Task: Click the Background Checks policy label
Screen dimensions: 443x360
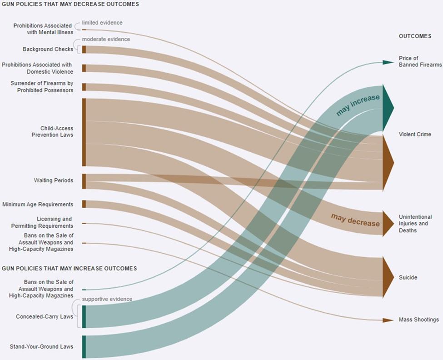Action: click(x=48, y=49)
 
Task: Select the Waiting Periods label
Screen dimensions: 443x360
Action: click(x=54, y=180)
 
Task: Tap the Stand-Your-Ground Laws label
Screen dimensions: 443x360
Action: click(x=41, y=346)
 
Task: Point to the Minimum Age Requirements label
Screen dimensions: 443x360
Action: click(x=38, y=204)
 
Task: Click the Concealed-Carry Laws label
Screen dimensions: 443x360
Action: click(x=45, y=316)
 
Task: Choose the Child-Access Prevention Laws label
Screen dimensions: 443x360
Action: click(x=52, y=131)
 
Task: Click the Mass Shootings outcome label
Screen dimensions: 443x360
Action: click(x=419, y=320)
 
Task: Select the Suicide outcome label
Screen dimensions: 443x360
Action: click(x=408, y=277)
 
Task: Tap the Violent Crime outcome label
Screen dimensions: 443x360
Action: click(x=415, y=134)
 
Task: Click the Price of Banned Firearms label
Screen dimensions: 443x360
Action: click(x=420, y=61)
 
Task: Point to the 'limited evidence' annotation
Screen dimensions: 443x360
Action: click(x=102, y=23)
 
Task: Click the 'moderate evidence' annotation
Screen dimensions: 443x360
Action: click(x=106, y=39)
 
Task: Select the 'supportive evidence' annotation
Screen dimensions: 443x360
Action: click(x=107, y=299)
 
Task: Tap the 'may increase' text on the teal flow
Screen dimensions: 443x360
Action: click(x=358, y=105)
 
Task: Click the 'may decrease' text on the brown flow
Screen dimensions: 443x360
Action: click(x=355, y=220)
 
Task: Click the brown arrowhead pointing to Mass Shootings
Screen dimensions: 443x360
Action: click(x=388, y=320)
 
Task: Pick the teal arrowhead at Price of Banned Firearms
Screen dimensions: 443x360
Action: click(x=388, y=62)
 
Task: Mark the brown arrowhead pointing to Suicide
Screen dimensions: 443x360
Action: click(x=388, y=277)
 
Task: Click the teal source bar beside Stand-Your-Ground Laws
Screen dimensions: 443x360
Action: click(x=84, y=347)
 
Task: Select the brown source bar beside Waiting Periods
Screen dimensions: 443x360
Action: click(x=84, y=181)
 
